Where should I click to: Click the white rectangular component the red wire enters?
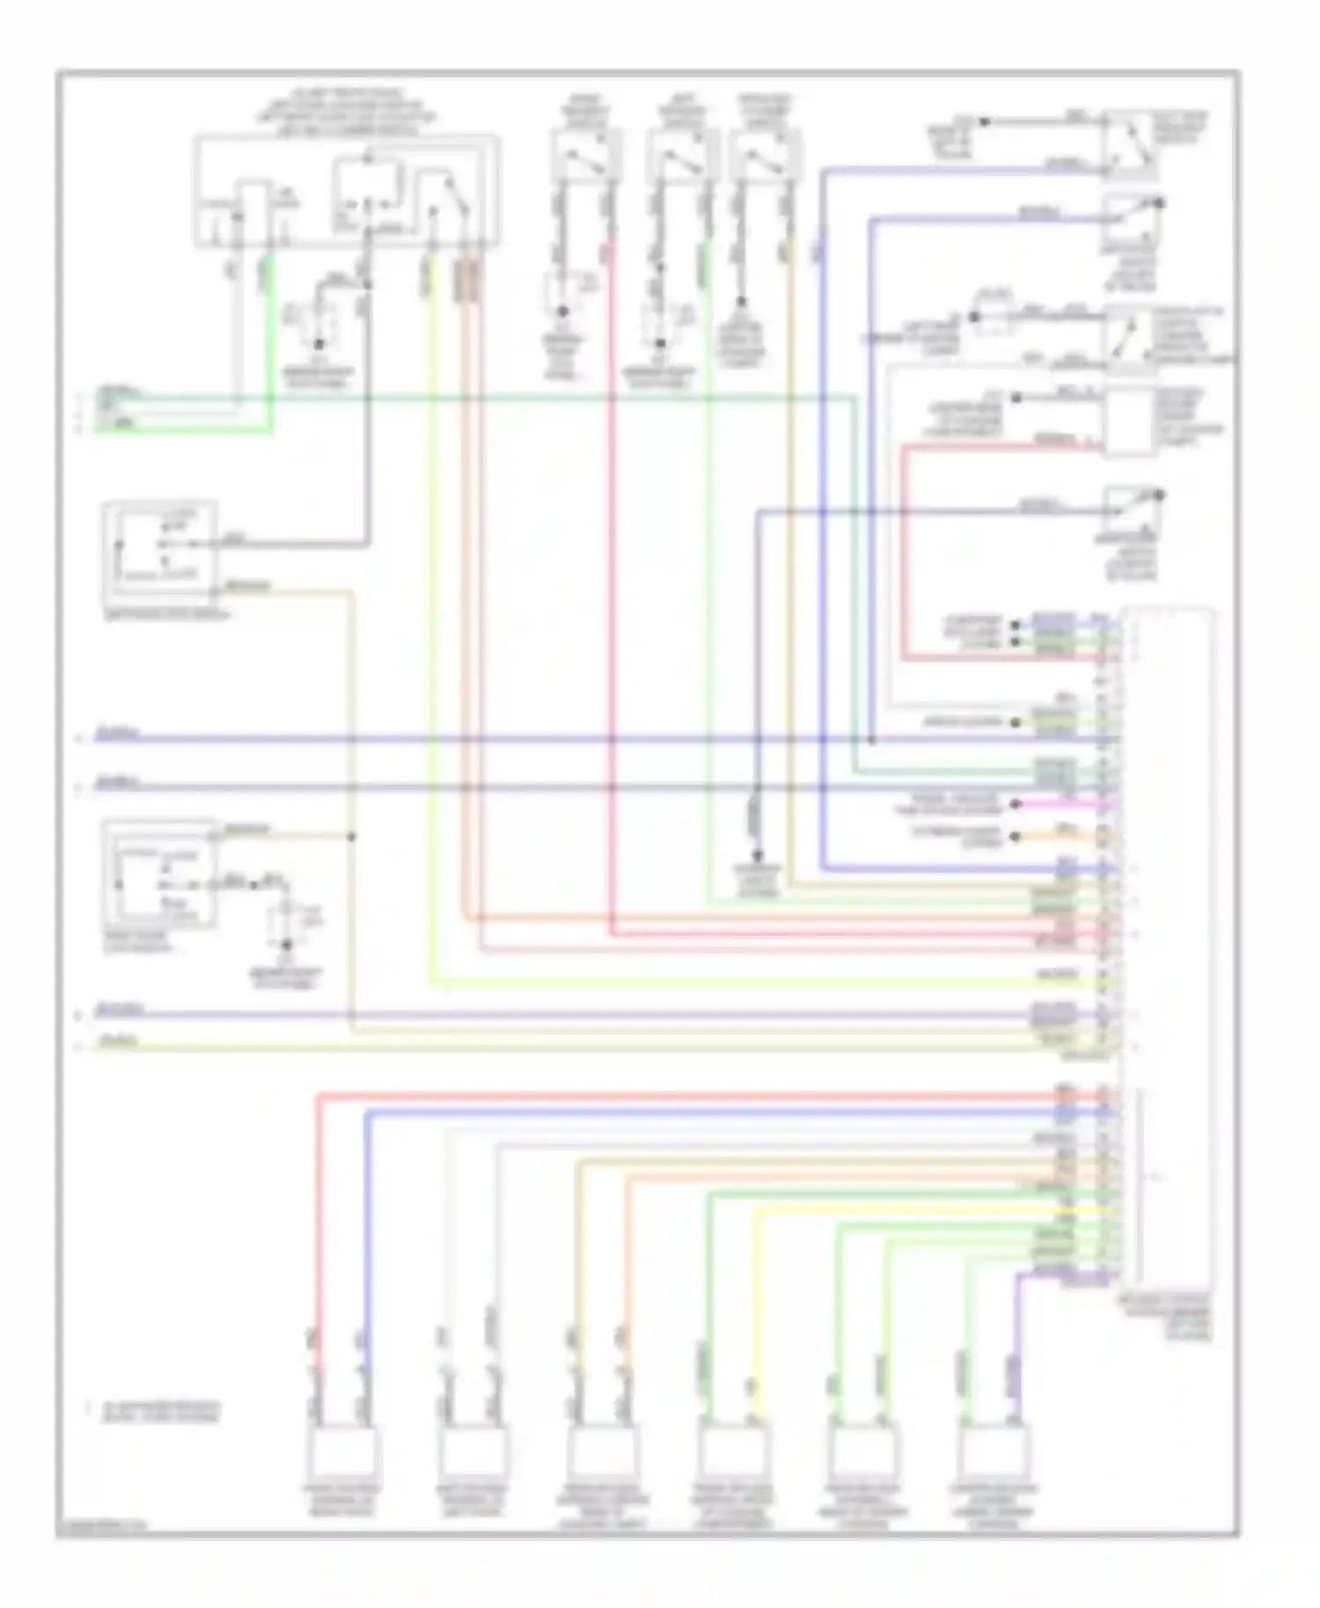pos(1130,422)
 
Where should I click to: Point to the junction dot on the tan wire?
pos(351,836)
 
